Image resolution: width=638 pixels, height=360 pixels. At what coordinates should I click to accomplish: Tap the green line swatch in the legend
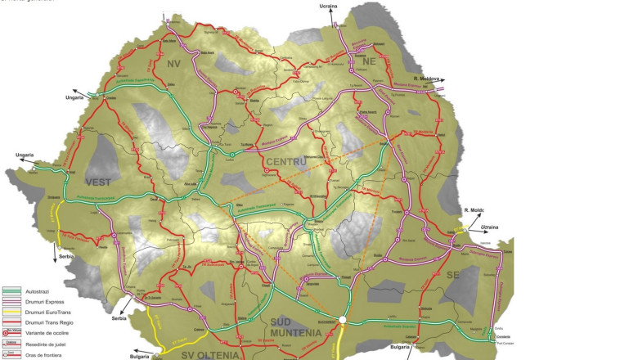click(x=12, y=290)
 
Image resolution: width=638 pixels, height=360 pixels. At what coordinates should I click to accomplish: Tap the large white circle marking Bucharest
click(x=344, y=321)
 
